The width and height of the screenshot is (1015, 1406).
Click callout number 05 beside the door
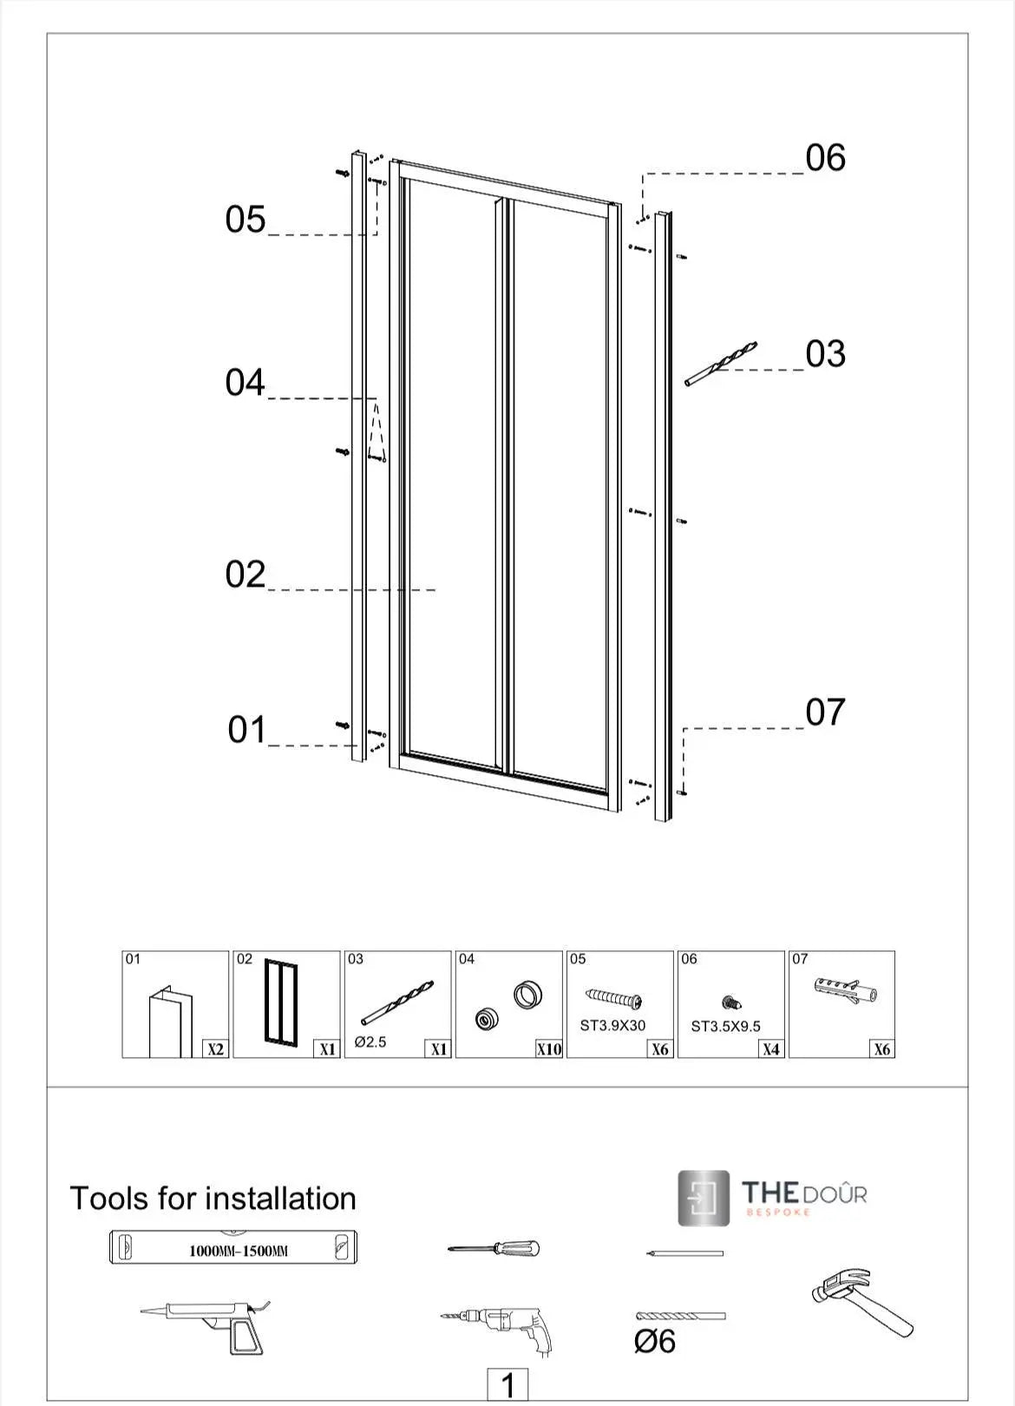pyautogui.click(x=246, y=219)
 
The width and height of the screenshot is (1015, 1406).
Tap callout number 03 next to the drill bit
pyautogui.click(x=825, y=354)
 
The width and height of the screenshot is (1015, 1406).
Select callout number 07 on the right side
pyautogui.click(x=825, y=713)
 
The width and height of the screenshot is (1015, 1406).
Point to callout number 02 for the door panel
pyautogui.click(x=246, y=575)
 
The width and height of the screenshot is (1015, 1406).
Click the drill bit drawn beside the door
pyautogui.click(x=720, y=364)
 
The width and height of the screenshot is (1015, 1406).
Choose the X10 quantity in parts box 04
pyautogui.click(x=549, y=1049)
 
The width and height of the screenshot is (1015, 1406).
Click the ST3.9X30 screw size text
pyautogui.click(x=612, y=1026)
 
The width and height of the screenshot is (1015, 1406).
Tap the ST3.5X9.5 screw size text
pyautogui.click(x=725, y=1027)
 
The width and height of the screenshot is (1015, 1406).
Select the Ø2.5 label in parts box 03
pyautogui.click(x=370, y=1042)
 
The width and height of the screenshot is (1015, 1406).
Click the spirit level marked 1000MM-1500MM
pyautogui.click(x=233, y=1248)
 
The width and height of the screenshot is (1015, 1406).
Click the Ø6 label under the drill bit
pyautogui.click(x=654, y=1342)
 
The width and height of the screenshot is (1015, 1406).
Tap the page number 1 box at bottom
pyautogui.click(x=509, y=1384)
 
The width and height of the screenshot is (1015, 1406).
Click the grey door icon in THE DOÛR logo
pyautogui.click(x=704, y=1199)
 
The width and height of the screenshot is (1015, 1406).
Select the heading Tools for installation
pyautogui.click(x=213, y=1199)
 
